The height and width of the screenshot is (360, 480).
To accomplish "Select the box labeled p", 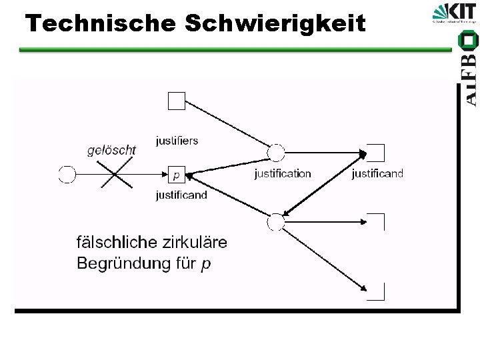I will [176, 175].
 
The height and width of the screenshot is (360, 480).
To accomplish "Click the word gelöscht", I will [111, 150].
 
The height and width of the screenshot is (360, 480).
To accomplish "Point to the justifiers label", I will [177, 141].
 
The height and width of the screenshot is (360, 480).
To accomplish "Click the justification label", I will [283, 174].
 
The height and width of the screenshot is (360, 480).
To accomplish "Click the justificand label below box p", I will [181, 195].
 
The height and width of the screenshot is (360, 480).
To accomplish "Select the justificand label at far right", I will [377, 174].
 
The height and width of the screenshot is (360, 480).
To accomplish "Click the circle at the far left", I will [67, 175].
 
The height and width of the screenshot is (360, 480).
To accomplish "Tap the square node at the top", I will [176, 101].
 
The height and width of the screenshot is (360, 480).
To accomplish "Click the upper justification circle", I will [275, 153].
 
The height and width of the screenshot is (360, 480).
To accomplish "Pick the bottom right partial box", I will [377, 291].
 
